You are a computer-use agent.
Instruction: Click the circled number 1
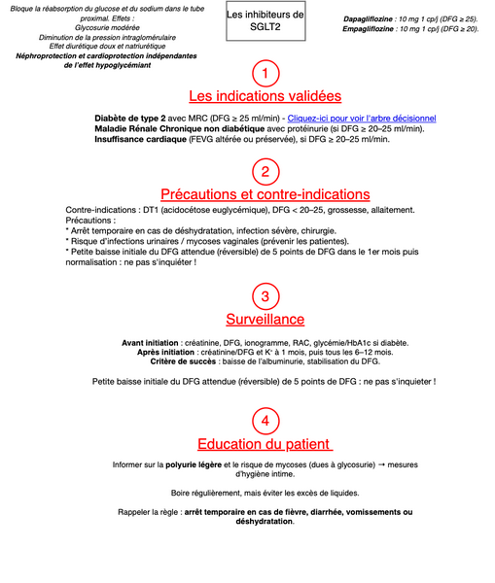pos(265,74)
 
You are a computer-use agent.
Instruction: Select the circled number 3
pos(265,296)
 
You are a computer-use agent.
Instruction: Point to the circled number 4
pos(265,421)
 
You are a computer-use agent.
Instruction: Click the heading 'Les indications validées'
pos(265,96)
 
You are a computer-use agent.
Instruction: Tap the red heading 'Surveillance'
pos(265,319)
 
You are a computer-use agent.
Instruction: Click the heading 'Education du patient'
pos(265,445)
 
